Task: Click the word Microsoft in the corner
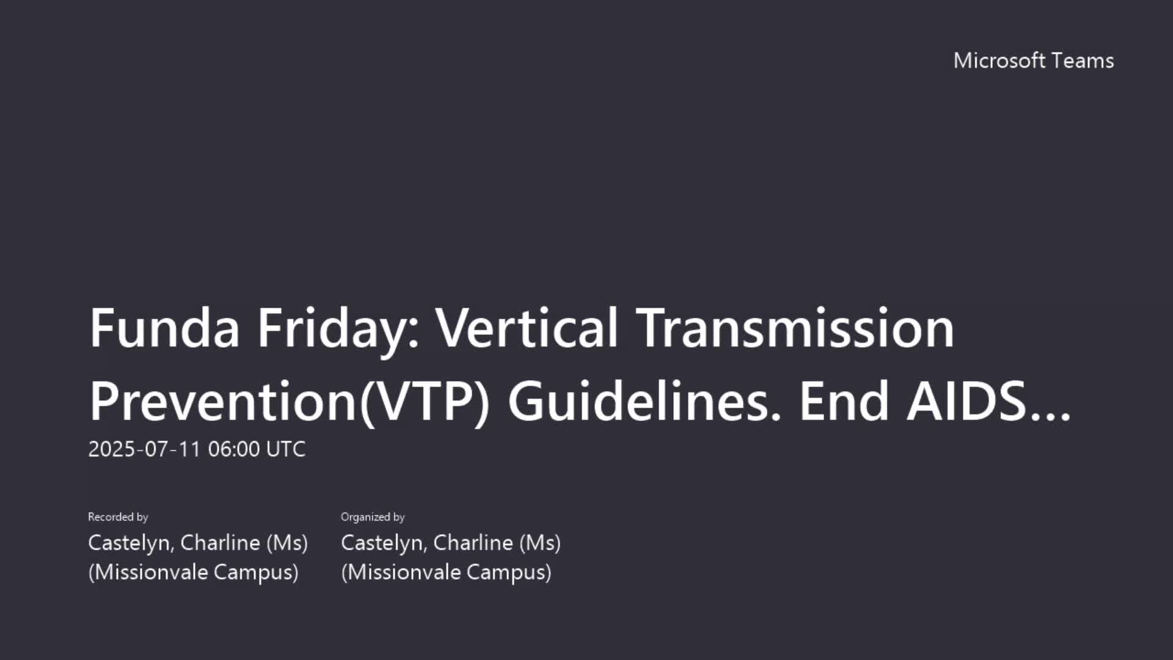(999, 61)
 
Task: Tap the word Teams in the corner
(1083, 61)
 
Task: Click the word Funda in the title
(164, 328)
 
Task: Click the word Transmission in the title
(795, 328)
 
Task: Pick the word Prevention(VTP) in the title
(290, 402)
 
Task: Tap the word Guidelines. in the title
(645, 400)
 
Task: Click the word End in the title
(844, 400)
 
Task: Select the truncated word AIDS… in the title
(988, 400)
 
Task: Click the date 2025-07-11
(144, 449)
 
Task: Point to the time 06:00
(234, 449)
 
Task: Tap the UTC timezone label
(286, 449)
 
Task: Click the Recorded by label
(118, 517)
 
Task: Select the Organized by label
(373, 518)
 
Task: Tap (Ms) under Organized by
(540, 543)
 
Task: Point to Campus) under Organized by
(509, 573)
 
